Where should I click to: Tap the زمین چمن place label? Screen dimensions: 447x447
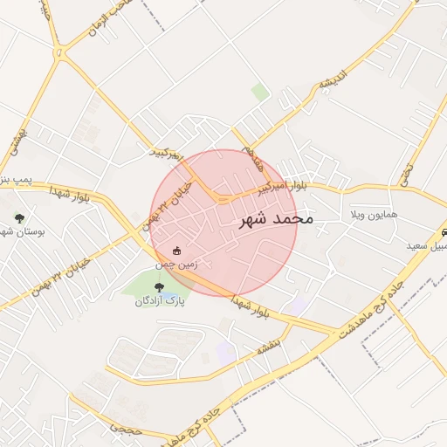[x=177, y=263]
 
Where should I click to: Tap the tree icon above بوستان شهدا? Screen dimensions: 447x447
[x=19, y=219]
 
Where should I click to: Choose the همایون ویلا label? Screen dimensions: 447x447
[x=374, y=214]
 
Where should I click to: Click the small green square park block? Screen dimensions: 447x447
[x=260, y=91]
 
